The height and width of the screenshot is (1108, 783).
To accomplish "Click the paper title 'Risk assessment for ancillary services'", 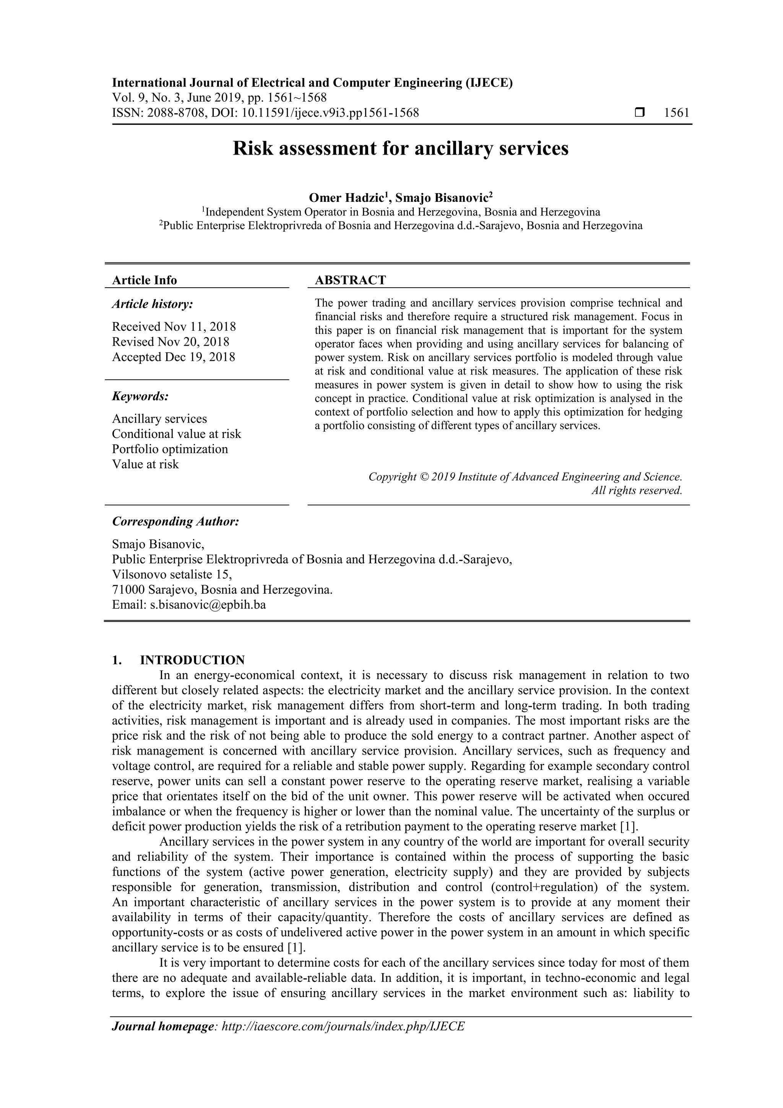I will (x=400, y=149).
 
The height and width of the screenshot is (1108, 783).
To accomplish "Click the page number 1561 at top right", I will (x=676, y=113).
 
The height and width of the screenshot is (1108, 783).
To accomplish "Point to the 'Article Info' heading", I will (x=144, y=280).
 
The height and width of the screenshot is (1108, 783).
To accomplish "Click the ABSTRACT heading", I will (x=350, y=280).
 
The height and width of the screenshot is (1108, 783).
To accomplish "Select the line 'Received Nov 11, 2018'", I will (x=174, y=327).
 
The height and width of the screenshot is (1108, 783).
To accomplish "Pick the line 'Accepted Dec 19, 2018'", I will (x=174, y=357).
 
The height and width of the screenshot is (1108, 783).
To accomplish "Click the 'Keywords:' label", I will (x=140, y=397).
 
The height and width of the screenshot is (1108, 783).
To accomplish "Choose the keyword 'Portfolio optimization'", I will (x=170, y=449).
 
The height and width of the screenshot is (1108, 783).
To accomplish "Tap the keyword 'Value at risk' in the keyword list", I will (x=145, y=464).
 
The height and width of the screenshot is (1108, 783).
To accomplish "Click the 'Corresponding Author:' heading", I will (x=175, y=522).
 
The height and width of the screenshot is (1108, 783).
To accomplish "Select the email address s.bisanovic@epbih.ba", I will (x=208, y=605).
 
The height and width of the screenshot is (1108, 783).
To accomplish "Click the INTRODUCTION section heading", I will (x=192, y=660).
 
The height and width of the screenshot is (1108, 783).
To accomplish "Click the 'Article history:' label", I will (x=153, y=304).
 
